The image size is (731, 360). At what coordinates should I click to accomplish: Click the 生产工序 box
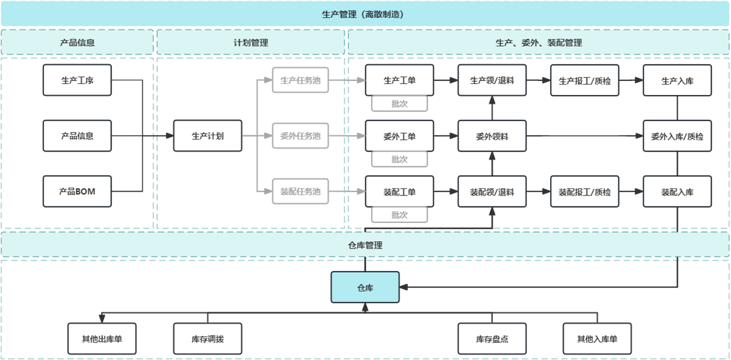coord(77,80)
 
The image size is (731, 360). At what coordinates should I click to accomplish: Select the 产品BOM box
coord(77,191)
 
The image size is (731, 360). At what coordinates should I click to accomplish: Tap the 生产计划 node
coord(208,136)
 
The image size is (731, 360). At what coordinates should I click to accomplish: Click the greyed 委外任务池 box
coord(300,136)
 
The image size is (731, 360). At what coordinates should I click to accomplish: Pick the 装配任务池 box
coord(300,191)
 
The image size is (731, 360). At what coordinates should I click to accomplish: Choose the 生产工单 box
coord(400,80)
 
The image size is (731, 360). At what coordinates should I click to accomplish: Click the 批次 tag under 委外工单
coord(400,160)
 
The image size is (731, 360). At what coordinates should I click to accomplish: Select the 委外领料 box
coord(492,136)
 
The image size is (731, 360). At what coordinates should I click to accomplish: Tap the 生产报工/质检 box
coord(585,80)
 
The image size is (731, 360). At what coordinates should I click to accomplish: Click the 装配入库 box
coord(677,191)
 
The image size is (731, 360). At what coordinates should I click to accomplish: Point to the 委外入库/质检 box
coord(677,136)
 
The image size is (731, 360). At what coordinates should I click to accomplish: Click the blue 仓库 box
coord(365,287)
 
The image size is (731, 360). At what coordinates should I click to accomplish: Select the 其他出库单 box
coord(102,339)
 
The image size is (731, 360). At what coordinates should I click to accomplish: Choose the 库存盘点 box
coord(492,339)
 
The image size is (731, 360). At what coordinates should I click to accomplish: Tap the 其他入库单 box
coord(597,339)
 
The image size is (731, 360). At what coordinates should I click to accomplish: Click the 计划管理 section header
coord(250,43)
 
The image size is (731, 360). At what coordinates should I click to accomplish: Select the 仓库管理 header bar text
coord(365,245)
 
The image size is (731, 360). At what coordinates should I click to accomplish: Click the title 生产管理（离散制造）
coord(365,13)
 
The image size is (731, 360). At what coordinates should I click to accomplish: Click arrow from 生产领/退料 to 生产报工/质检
coord(539,80)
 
